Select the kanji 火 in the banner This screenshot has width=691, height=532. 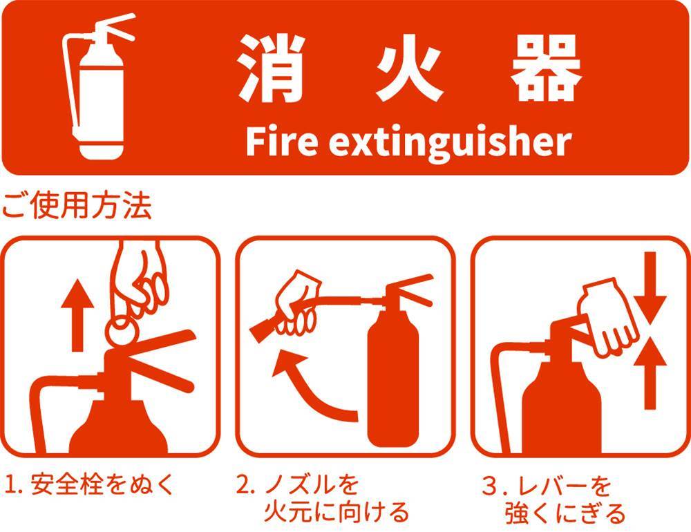click(x=409, y=68)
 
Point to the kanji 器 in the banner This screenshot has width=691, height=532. click(x=547, y=68)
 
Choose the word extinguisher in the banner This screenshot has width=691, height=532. click(x=450, y=142)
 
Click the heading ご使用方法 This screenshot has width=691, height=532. click(x=77, y=205)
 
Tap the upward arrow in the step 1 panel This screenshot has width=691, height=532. click(x=77, y=315)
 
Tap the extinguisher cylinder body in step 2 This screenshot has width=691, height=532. click(x=393, y=379)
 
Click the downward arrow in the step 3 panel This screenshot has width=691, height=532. click(x=650, y=287)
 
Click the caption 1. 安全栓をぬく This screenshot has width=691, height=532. click(x=90, y=484)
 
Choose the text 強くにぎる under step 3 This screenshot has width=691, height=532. click(x=565, y=513)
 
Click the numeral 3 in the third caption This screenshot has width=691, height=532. click(x=490, y=486)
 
